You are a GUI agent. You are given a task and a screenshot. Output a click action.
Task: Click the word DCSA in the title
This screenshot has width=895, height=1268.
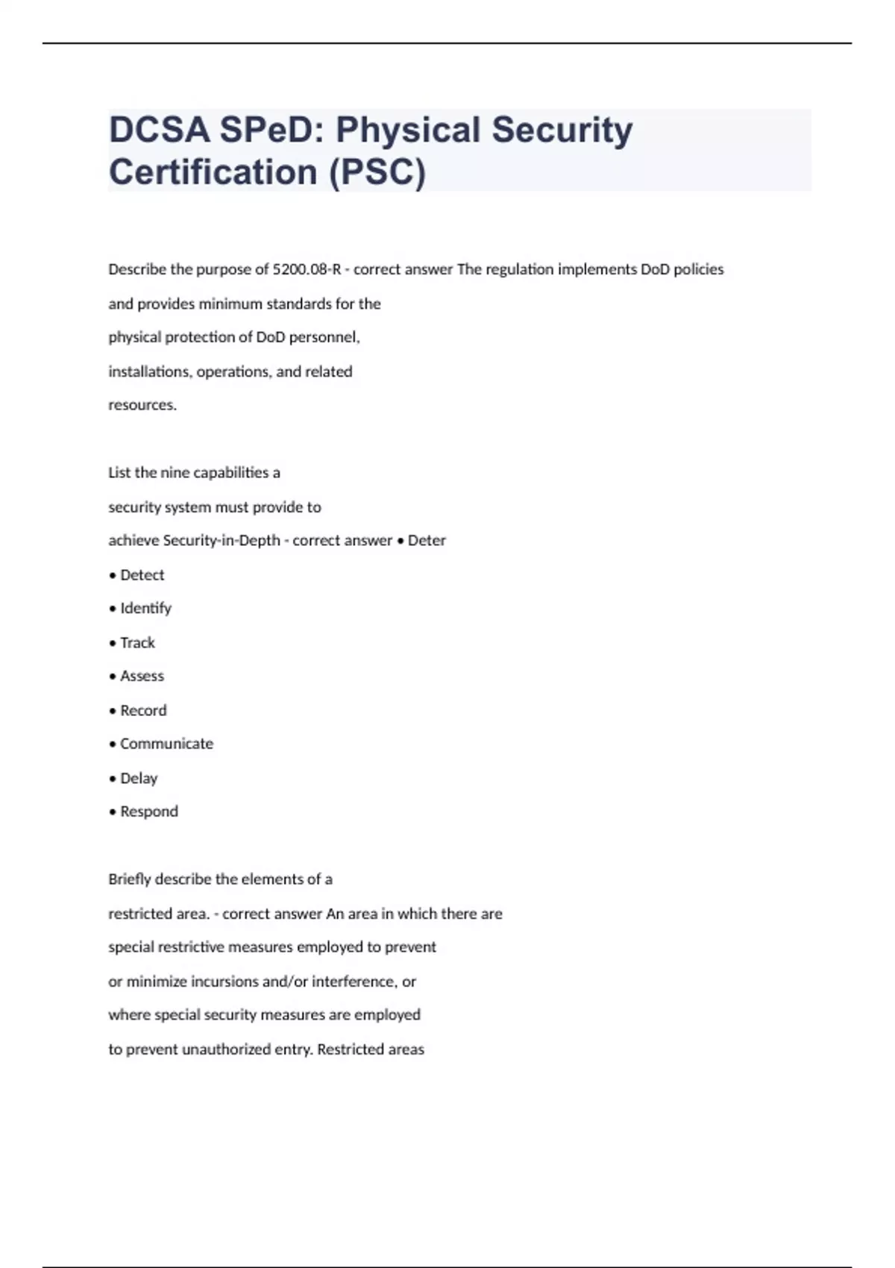pyautogui.click(x=159, y=130)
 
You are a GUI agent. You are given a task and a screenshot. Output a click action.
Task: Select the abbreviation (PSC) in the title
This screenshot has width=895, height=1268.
pyautogui.click(x=377, y=172)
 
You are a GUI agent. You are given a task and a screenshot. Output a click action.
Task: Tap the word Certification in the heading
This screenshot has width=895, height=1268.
pyautogui.click(x=213, y=172)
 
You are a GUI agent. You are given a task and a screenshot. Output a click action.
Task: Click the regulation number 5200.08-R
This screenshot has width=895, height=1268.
pyautogui.click(x=307, y=269)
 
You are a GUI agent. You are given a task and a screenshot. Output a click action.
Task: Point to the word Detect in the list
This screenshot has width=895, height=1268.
pyautogui.click(x=142, y=575)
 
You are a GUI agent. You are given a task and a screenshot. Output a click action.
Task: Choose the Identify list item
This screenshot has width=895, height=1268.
pyautogui.click(x=145, y=609)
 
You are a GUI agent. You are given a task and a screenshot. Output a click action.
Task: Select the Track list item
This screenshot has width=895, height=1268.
pyautogui.click(x=137, y=643)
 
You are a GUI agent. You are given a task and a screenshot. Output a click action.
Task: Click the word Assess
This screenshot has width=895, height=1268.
pyautogui.click(x=142, y=677)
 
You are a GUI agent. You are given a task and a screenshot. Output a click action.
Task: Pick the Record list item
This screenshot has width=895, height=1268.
pyautogui.click(x=143, y=711)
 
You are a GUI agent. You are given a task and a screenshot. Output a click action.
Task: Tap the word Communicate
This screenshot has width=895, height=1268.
pyautogui.click(x=166, y=744)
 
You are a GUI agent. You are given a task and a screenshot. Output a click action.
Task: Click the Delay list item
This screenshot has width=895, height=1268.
pyautogui.click(x=139, y=779)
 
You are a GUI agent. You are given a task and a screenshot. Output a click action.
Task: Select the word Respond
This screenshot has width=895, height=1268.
pyautogui.click(x=149, y=812)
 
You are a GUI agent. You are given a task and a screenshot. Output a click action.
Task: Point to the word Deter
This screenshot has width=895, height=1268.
pyautogui.click(x=427, y=541)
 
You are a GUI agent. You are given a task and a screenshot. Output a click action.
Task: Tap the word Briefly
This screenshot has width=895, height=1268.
pyautogui.click(x=129, y=879)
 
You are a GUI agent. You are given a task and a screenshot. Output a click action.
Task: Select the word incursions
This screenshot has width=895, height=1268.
pyautogui.click(x=223, y=982)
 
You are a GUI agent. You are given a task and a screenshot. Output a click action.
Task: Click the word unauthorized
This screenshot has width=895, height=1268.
pyautogui.click(x=226, y=1049)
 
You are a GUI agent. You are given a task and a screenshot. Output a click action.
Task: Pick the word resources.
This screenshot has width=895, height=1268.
pyautogui.click(x=142, y=406)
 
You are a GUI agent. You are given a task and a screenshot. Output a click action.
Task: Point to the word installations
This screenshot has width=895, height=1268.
pyautogui.click(x=148, y=371)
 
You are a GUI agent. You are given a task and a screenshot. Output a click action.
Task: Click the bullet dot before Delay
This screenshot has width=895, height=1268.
pyautogui.click(x=113, y=779)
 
